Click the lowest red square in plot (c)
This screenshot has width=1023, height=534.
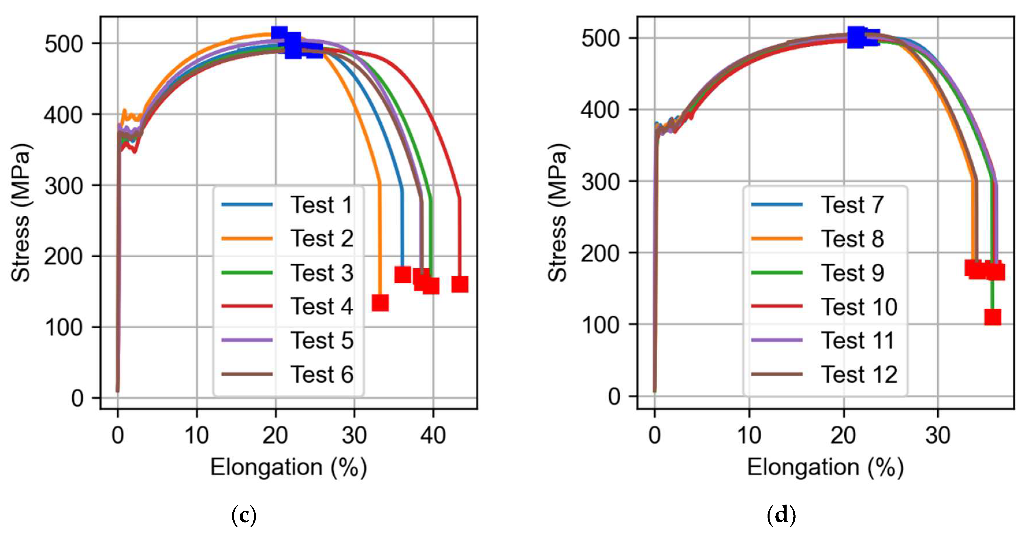(x=380, y=303)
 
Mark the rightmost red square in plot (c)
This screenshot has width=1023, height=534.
(x=460, y=284)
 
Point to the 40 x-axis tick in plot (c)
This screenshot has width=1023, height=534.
(x=433, y=436)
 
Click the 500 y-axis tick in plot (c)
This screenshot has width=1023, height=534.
(x=64, y=43)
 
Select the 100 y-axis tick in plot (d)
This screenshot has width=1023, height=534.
(x=600, y=325)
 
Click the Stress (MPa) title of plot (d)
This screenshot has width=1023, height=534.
(x=558, y=212)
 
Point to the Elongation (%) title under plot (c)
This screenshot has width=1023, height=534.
(x=288, y=467)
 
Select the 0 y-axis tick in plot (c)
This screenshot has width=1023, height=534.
(x=77, y=398)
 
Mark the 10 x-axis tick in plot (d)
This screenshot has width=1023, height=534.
(x=749, y=436)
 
